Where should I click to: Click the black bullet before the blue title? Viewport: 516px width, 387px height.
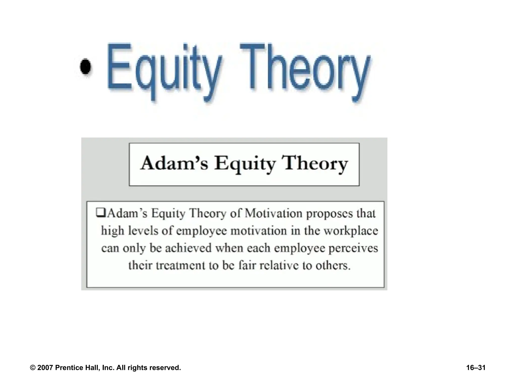click(86, 67)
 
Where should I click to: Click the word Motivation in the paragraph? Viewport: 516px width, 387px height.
click(273, 213)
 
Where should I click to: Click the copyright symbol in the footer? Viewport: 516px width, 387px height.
click(33, 368)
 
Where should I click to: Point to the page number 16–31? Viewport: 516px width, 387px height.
click(476, 368)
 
